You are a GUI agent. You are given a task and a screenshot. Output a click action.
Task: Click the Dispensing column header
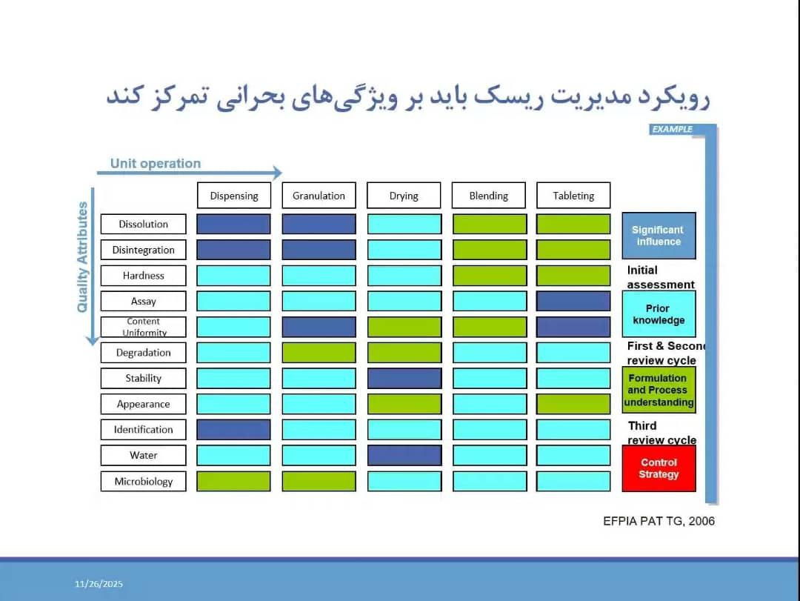point(233,196)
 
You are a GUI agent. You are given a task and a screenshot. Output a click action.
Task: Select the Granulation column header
point(319,196)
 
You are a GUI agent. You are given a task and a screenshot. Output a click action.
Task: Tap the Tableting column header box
point(573,196)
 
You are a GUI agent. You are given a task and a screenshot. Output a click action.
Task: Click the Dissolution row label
point(144,224)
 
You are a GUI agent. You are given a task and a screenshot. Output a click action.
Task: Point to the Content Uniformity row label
point(144,327)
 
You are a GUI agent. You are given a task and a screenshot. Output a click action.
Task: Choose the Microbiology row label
point(144,481)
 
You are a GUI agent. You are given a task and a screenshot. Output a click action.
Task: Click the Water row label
point(144,455)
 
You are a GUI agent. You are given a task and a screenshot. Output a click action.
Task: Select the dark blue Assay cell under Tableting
point(573,302)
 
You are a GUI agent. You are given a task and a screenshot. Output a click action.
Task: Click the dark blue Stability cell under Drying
point(404,379)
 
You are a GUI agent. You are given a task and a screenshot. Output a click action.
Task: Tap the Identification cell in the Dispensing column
point(233,429)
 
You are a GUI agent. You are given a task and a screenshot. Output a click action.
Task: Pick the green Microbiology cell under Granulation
point(319,481)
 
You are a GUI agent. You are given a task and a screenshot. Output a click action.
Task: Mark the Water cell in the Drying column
point(404,455)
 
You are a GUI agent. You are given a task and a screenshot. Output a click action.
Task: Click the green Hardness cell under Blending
point(490,276)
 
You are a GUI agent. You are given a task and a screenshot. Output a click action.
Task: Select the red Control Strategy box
point(659,468)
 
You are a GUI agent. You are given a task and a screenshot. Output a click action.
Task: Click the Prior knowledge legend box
point(659,314)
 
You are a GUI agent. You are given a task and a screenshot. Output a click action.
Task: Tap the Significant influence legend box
point(659,236)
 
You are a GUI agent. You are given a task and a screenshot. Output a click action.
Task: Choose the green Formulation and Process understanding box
point(659,390)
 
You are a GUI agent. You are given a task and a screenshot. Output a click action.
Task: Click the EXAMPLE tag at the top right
point(673,129)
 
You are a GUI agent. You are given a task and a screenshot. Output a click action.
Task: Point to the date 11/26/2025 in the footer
point(99,584)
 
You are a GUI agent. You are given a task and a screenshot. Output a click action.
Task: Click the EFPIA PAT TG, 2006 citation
point(659,521)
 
